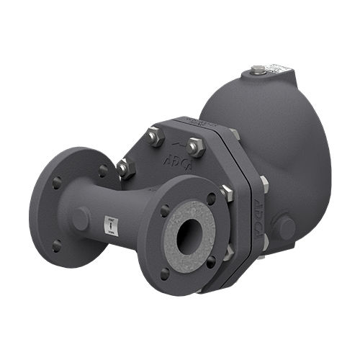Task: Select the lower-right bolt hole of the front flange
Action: (x=210, y=262)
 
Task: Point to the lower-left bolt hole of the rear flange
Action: (x=57, y=245)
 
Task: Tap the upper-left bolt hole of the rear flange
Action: (x=55, y=184)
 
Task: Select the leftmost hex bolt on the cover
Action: (x=124, y=167)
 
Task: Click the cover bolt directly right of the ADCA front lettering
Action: (x=194, y=147)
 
